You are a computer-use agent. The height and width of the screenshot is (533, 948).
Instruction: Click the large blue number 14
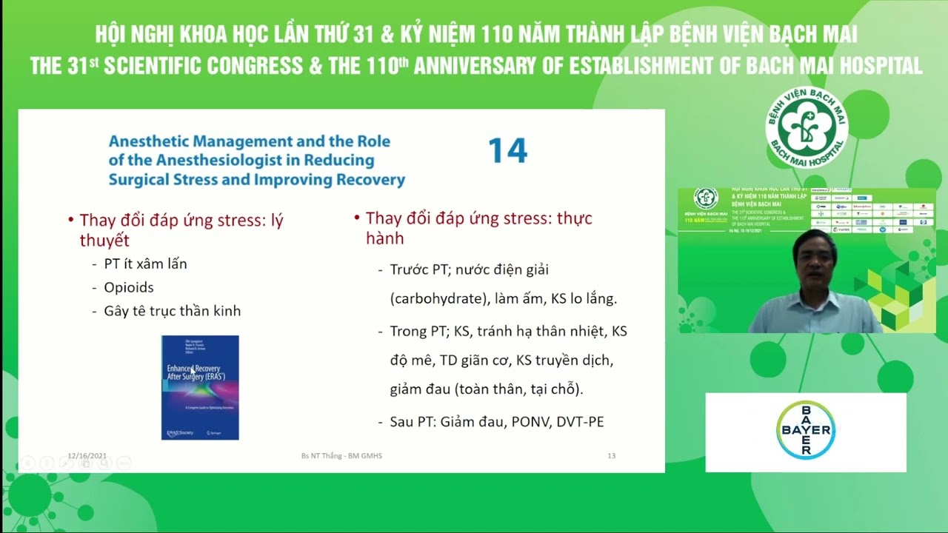507,151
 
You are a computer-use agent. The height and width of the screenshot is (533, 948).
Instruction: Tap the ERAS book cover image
200,387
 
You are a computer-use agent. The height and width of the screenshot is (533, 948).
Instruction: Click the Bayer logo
806,430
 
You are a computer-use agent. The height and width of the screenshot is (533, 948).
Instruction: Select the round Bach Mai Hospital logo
806,127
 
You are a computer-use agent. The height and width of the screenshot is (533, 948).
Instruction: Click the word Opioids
129,287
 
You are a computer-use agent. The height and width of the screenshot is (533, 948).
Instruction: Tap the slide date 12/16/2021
87,456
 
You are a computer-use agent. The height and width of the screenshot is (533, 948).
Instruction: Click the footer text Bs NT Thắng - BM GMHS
341,456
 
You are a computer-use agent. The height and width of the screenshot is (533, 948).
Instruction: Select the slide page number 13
611,456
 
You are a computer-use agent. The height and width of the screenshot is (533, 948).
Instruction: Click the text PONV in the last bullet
531,422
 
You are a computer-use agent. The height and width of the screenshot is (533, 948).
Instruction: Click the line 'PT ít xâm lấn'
145,264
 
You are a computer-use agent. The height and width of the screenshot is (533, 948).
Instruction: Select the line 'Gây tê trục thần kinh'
172,311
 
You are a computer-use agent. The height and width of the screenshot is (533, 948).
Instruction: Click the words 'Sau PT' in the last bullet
411,422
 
